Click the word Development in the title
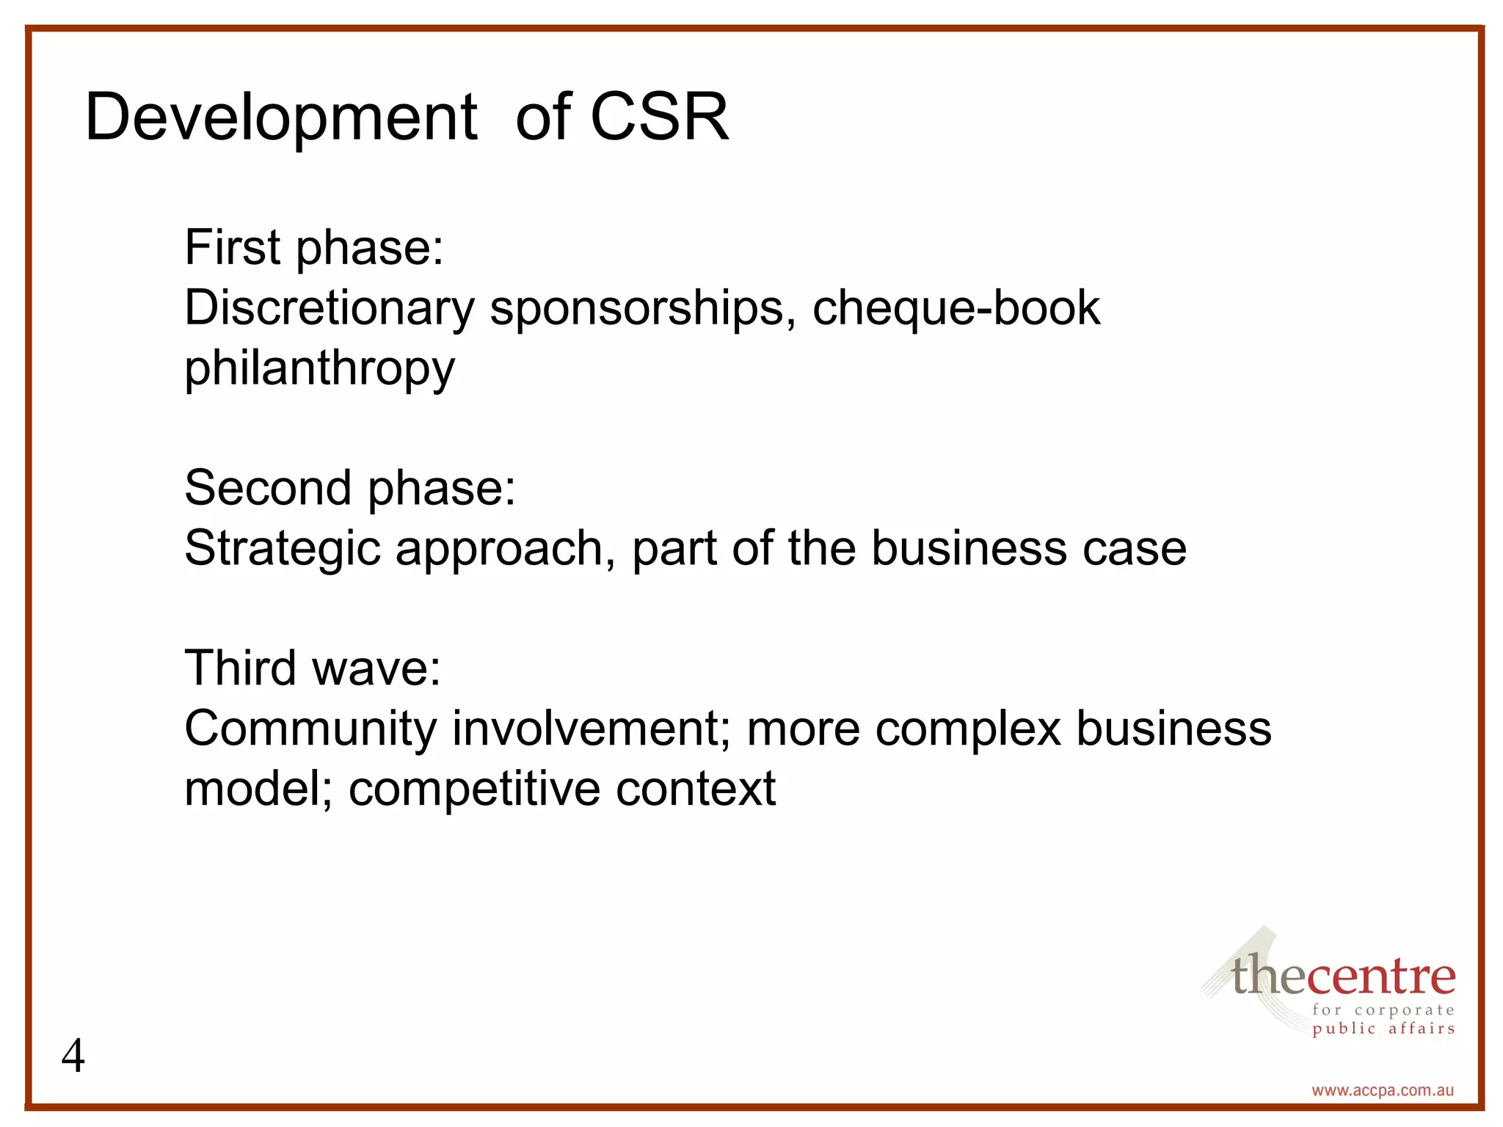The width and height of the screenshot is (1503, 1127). [281, 117]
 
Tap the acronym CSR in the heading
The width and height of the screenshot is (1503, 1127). [659, 117]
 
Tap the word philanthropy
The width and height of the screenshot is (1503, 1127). [319, 368]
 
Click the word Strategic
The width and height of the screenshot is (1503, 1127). [283, 550]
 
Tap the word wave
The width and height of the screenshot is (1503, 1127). [376, 669]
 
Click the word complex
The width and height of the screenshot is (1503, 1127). [968, 730]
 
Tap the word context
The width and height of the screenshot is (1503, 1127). [696, 789]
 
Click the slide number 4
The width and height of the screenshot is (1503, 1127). [73, 1057]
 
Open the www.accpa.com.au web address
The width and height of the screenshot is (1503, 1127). [1383, 1090]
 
